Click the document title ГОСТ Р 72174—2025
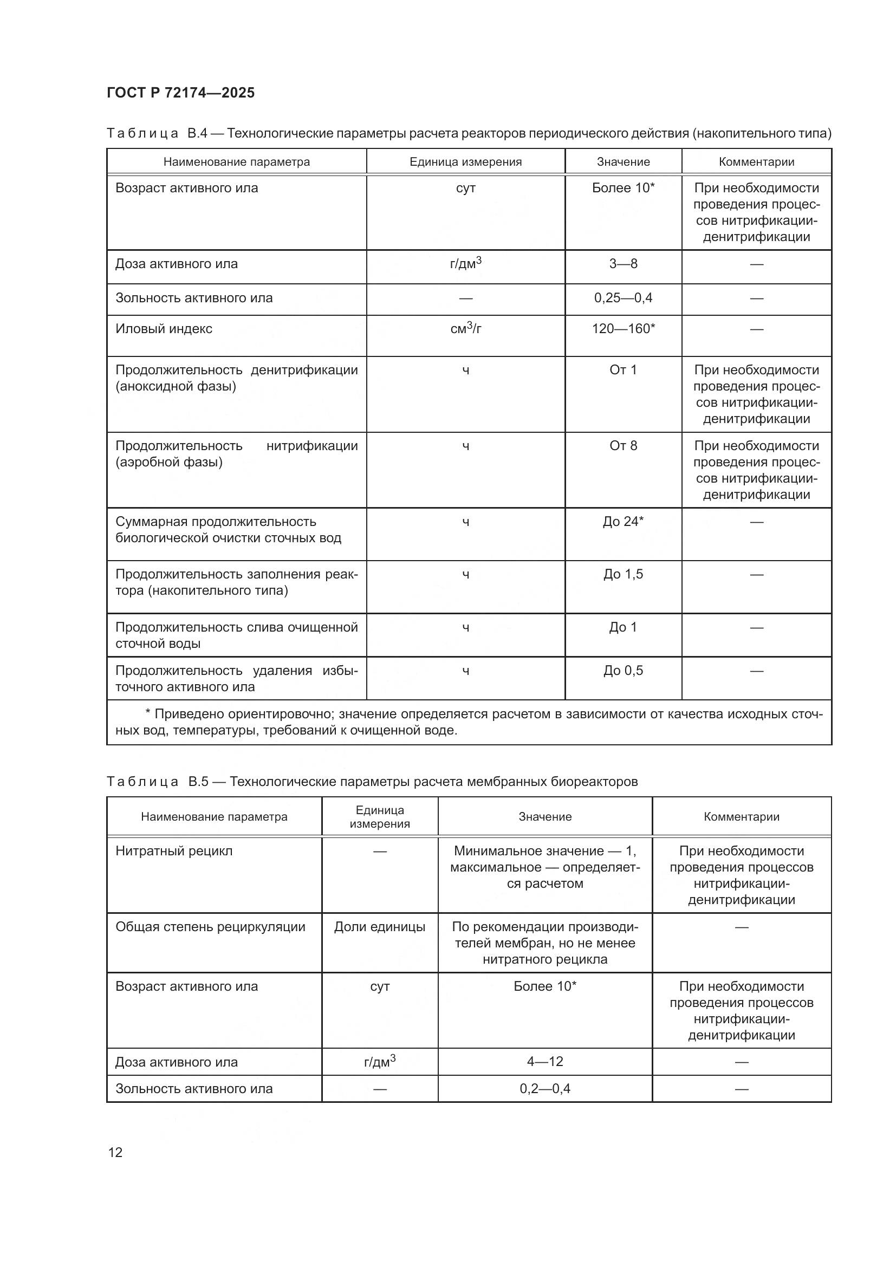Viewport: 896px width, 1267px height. [180, 93]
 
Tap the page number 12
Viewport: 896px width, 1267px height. [115, 1152]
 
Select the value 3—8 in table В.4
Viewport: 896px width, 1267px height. [623, 264]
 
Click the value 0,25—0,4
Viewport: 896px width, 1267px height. [623, 298]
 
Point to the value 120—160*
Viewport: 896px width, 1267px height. [623, 329]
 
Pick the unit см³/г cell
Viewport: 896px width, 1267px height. [466, 329]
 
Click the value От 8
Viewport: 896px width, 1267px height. [623, 446]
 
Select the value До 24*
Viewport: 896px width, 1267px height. [623, 522]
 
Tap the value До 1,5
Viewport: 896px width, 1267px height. [623, 574]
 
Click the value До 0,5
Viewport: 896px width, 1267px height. [623, 671]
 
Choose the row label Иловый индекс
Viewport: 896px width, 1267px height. [164, 329]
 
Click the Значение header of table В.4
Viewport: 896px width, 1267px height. [623, 161]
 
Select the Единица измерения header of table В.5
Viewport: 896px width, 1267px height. [380, 817]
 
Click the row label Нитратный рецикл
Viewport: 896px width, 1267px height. [174, 851]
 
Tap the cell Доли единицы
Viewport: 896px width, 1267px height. [380, 926]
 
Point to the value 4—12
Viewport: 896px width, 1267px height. [544, 1061]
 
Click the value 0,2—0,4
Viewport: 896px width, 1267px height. [544, 1088]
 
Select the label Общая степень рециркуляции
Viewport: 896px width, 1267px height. [210, 926]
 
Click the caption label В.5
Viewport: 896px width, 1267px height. [198, 782]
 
